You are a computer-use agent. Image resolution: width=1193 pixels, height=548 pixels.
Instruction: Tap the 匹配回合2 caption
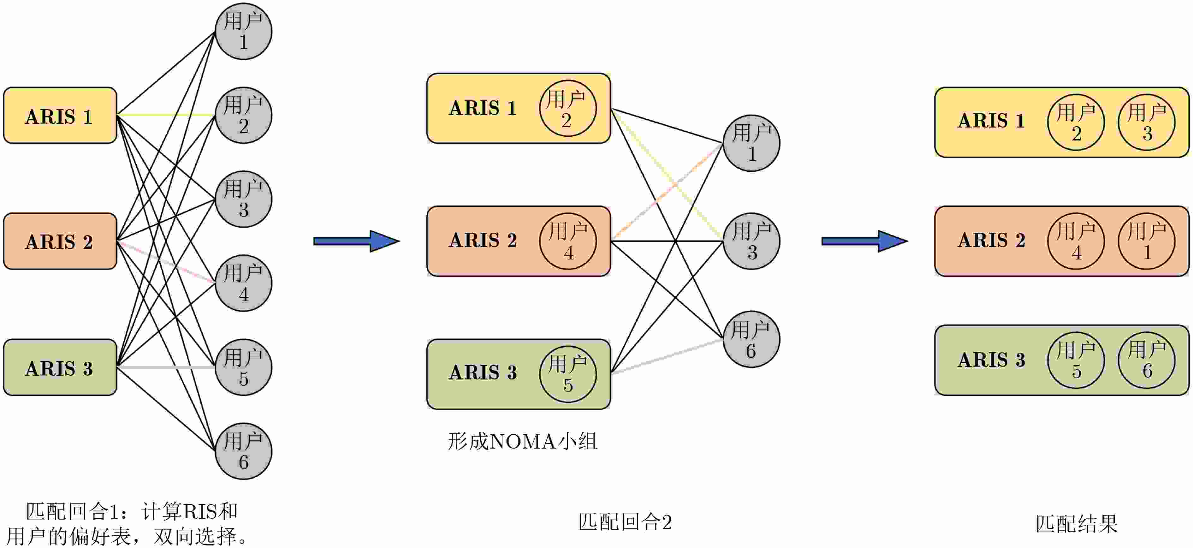click(625, 522)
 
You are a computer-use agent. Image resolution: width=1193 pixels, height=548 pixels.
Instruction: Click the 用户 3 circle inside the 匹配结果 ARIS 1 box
click(1147, 122)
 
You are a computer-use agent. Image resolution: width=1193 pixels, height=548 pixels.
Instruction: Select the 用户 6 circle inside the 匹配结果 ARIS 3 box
click(1147, 360)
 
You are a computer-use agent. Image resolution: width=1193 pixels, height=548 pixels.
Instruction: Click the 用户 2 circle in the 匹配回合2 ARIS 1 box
click(568, 108)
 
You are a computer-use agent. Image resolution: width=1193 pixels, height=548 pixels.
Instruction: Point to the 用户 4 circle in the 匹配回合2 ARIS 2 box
click(568, 241)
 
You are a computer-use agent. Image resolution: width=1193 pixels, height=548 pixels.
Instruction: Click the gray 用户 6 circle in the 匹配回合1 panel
click(244, 451)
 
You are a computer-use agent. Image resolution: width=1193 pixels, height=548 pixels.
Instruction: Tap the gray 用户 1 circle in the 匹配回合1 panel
click(244, 32)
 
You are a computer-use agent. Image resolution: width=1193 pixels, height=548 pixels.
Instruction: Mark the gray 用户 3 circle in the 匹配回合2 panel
click(751, 241)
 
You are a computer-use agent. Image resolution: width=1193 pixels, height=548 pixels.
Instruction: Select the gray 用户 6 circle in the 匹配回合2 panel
click(751, 339)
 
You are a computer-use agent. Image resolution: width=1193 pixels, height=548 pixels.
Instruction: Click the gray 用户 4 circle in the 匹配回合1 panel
click(244, 283)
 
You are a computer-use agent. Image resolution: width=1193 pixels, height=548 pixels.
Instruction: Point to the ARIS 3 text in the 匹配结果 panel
click(992, 360)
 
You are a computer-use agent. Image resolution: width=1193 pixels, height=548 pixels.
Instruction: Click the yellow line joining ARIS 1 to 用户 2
click(166, 114)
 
